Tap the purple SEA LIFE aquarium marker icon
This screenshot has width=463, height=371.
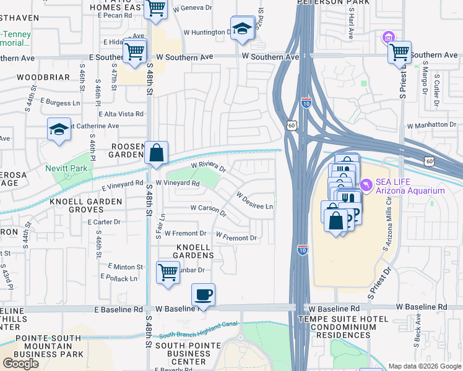click(x=366, y=184)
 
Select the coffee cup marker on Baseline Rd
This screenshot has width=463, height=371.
click(x=202, y=294)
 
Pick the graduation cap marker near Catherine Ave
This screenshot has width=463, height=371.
click(x=59, y=130)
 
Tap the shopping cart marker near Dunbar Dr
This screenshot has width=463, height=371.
click(x=168, y=272)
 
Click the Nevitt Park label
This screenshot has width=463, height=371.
click(x=66, y=168)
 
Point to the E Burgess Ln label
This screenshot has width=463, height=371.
click(x=61, y=101)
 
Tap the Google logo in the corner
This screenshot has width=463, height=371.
click(x=20, y=364)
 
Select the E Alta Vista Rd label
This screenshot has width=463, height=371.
click(x=121, y=114)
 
